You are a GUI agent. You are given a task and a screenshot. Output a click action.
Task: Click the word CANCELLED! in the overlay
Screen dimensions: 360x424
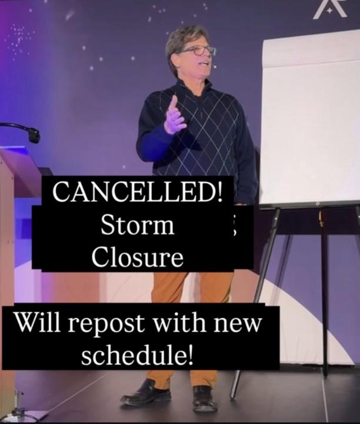[138, 191]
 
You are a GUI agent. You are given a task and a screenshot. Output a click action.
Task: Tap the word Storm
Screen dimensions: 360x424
[138, 225]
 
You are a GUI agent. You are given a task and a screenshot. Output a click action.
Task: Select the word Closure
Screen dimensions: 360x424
[138, 257]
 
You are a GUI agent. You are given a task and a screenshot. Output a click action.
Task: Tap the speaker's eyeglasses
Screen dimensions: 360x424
[198, 51]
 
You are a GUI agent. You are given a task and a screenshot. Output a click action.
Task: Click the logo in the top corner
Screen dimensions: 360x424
[330, 9]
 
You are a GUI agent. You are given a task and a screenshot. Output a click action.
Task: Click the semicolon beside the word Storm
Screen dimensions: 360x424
[234, 228]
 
